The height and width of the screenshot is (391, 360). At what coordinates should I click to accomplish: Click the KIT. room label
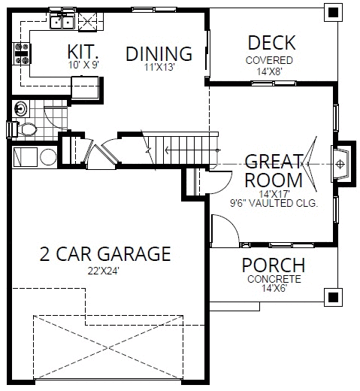point(84,52)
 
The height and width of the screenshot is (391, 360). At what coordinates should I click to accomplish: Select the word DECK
point(271,43)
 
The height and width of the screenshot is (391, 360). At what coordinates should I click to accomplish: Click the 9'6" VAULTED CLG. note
point(274,203)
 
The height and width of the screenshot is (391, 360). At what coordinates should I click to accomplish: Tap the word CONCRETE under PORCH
point(274,278)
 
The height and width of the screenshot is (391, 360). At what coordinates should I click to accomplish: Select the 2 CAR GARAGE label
point(104,254)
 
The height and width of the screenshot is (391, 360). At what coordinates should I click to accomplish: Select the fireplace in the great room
point(342,162)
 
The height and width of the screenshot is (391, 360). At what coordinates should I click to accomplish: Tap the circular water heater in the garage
point(49,157)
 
